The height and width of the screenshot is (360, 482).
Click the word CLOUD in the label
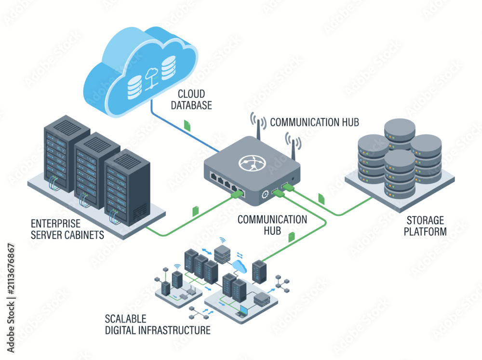click(x=191, y=94)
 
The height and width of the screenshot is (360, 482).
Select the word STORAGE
click(x=425, y=220)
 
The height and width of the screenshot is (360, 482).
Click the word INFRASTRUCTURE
click(x=175, y=330)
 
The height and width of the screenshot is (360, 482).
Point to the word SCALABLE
click(x=125, y=319)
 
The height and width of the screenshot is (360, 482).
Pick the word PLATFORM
click(x=425, y=231)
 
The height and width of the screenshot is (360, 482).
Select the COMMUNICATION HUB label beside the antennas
click(x=314, y=122)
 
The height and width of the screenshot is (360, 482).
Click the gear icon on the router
click(x=265, y=194)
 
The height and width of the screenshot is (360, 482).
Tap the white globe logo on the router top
click(x=253, y=162)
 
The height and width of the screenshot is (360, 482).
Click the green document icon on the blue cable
click(x=187, y=125)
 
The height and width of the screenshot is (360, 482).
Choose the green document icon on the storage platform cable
click(x=321, y=199)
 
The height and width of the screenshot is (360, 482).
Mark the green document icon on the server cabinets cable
click(x=195, y=211)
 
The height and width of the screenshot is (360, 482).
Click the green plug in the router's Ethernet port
click(x=237, y=194)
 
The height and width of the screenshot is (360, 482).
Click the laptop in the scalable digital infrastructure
click(x=242, y=311)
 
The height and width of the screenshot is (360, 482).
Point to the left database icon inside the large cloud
click(x=134, y=87)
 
